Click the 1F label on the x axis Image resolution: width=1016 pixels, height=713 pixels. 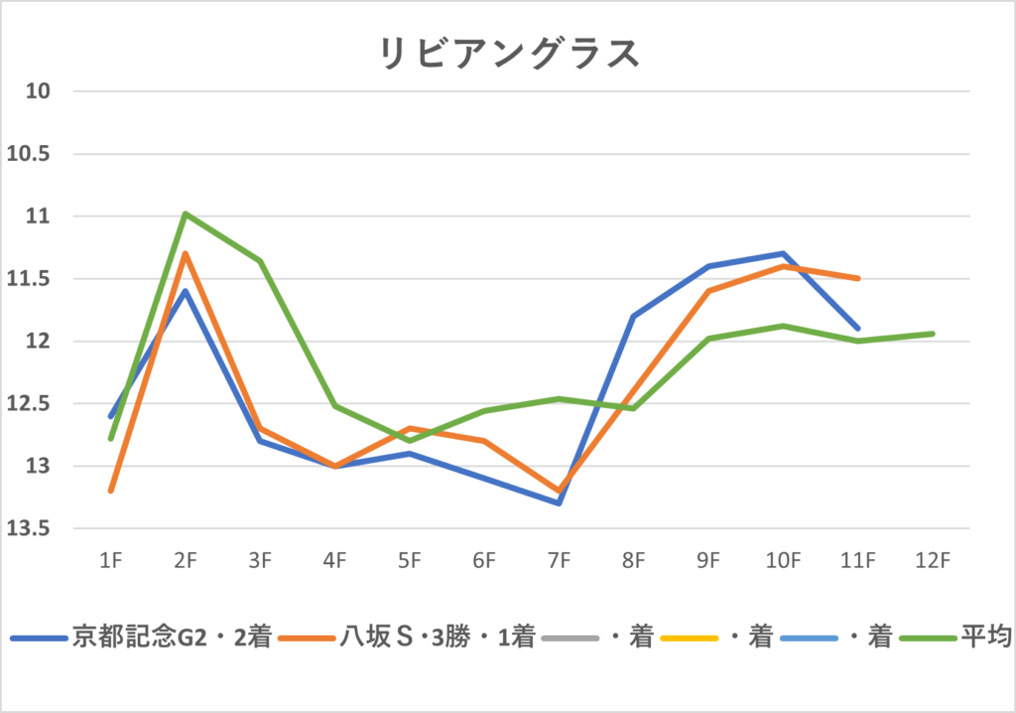[110, 561]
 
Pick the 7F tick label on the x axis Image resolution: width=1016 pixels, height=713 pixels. [559, 561]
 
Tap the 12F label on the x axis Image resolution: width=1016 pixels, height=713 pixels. [932, 561]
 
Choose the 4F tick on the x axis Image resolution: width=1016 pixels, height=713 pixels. [334, 561]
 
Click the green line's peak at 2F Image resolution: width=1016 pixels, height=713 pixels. [186, 214]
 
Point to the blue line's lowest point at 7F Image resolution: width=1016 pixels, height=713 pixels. [559, 502]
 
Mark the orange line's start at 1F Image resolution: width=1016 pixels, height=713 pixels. [111, 491]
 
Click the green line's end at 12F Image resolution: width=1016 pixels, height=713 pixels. [933, 334]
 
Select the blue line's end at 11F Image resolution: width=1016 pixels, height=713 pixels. [857, 328]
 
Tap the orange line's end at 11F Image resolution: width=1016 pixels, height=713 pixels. [857, 278]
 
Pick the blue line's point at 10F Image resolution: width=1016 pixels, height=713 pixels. [783, 253]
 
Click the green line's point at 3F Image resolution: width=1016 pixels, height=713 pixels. [260, 261]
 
